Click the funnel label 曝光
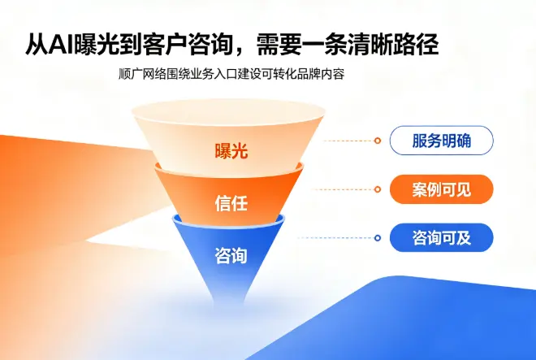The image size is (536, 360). (231, 150)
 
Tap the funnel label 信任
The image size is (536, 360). (231, 203)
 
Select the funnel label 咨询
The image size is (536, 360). (231, 255)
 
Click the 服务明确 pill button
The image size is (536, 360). (441, 141)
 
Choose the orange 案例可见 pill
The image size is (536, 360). (441, 189)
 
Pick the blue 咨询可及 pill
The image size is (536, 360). (441, 238)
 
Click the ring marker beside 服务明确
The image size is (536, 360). (378, 141)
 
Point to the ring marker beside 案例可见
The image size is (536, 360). (378, 189)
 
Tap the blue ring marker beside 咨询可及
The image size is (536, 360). (378, 238)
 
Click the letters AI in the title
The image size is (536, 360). (61, 44)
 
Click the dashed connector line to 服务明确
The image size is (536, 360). (348, 141)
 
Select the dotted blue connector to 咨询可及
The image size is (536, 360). (336, 238)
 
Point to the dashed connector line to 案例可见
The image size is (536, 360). (343, 189)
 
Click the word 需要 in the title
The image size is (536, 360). (279, 44)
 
